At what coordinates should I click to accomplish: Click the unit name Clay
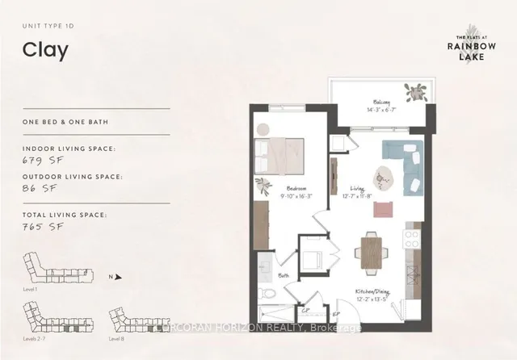pyautogui.click(x=46, y=50)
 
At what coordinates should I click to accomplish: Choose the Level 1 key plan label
pyautogui.click(x=33, y=287)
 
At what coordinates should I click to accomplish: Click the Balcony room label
pyautogui.click(x=382, y=103)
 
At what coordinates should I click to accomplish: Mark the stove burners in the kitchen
pyautogui.click(x=412, y=240)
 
